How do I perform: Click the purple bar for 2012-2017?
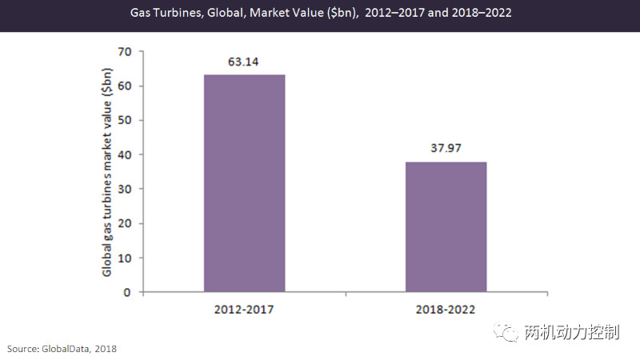coord(244,183)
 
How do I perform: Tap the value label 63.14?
coord(244,61)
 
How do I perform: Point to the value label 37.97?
coord(446,148)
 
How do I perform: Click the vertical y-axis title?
coord(106,171)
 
